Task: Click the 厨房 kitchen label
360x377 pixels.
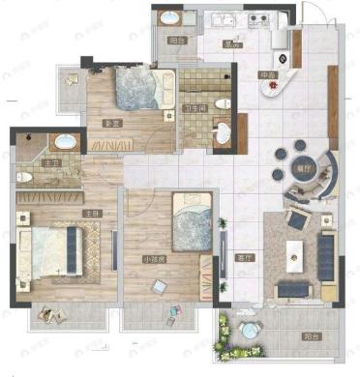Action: pyautogui.click(x=233, y=43)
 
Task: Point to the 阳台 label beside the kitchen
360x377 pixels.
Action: pyautogui.click(x=177, y=42)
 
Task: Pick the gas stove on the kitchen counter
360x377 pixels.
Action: pyautogui.click(x=259, y=18)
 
